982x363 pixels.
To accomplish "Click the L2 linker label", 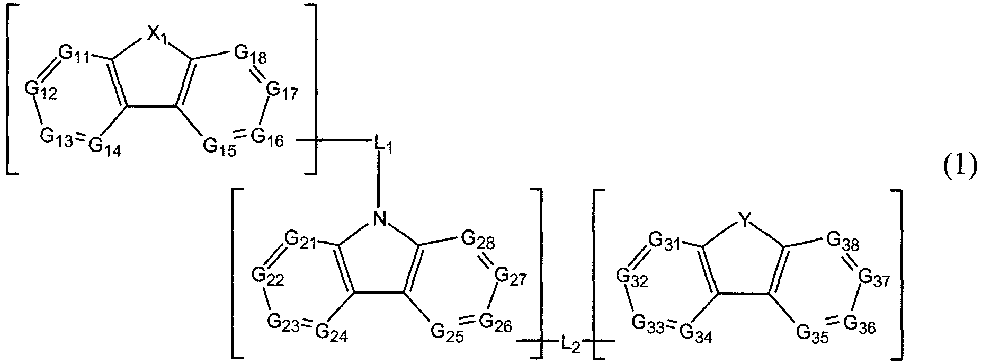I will click(x=571, y=346).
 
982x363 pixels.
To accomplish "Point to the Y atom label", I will click(x=745, y=222).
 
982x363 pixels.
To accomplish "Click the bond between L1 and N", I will click(x=379, y=180).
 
